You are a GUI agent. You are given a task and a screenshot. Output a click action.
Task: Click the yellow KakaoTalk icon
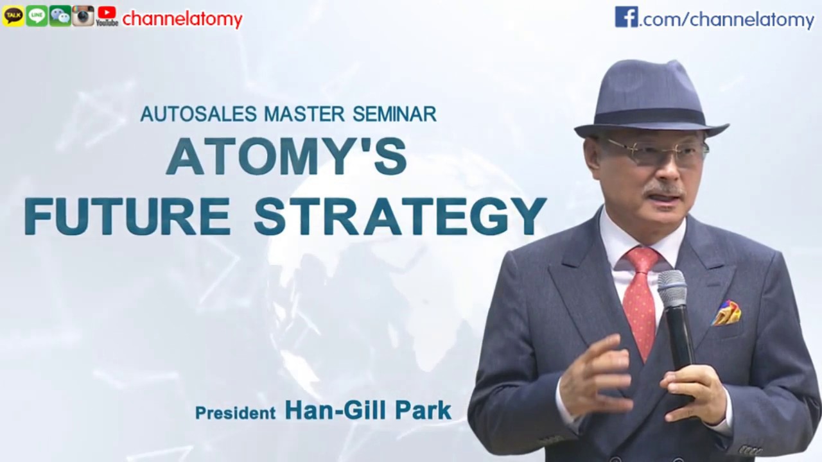tap(13, 16)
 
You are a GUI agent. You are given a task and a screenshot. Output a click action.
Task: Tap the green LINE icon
tap(37, 16)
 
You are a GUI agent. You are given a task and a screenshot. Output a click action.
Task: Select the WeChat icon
tap(60, 16)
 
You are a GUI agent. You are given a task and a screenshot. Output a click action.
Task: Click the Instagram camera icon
tap(83, 16)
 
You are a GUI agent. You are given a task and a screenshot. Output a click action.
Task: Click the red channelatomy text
tap(182, 19)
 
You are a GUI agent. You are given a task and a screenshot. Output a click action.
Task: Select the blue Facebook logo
tap(626, 17)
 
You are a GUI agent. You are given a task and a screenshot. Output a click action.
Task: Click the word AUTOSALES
tap(199, 114)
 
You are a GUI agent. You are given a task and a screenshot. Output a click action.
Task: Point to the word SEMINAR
tap(394, 114)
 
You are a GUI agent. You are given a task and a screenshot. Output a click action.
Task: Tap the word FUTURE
tap(127, 216)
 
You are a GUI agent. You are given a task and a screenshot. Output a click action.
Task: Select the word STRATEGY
tap(399, 216)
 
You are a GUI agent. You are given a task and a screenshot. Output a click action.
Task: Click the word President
tap(235, 413)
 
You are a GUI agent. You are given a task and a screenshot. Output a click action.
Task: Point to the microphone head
tap(672, 289)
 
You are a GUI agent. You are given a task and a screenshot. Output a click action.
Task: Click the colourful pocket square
tap(727, 313)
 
